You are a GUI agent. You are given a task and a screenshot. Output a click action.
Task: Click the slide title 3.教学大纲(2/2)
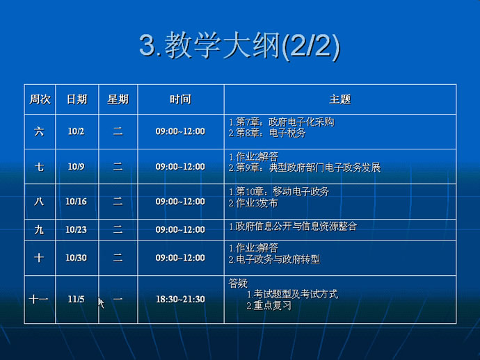240,46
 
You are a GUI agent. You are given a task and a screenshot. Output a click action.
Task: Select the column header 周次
40,99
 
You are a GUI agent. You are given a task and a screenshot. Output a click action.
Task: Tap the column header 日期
77,99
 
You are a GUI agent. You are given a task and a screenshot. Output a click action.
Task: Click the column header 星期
118,99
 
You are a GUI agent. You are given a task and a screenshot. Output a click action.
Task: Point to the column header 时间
181,99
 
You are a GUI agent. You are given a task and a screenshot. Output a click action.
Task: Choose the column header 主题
339,99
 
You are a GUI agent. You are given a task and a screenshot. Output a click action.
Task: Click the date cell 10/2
76,131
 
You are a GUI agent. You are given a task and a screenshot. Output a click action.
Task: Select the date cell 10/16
76,202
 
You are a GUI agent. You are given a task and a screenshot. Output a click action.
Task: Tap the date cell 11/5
76,299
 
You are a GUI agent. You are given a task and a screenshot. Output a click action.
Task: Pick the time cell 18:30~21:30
180,299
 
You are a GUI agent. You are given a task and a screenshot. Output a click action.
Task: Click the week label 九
39,230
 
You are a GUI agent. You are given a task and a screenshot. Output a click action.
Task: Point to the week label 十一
38,299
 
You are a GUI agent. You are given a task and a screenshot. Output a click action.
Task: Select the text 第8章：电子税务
271,133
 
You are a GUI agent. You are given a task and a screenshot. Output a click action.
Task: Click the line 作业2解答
257,157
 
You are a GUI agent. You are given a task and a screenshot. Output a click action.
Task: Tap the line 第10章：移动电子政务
282,192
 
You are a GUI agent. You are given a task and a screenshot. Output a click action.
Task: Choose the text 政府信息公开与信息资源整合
296,227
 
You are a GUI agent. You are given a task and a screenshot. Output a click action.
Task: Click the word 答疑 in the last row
238,284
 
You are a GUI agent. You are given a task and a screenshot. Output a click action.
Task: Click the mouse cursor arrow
101,303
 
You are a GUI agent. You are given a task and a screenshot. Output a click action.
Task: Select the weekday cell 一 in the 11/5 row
118,299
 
